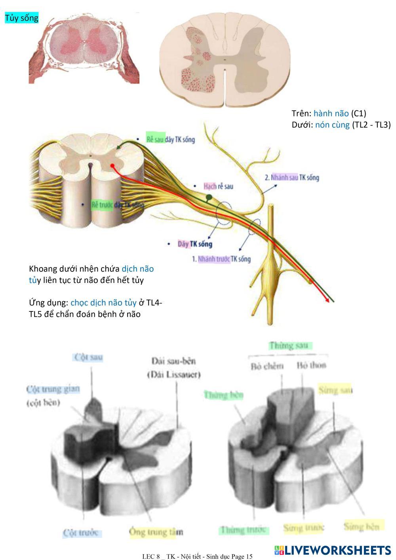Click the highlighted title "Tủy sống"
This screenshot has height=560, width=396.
pos(21,18)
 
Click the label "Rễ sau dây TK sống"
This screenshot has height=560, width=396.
pos(170,139)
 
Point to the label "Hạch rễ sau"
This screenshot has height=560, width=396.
pos(218,186)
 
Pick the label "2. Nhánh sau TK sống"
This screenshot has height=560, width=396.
pos(291,177)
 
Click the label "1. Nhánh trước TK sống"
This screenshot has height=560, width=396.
pos(221,259)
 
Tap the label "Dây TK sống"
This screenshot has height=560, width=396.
pos(195,244)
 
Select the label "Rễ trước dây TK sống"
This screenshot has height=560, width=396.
pos(118,205)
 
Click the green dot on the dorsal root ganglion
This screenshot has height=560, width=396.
pos(209,197)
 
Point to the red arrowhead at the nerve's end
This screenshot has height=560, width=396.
pos(328,301)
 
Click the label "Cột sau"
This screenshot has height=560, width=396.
pos(89,357)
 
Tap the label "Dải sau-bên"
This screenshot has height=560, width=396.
pos(173,361)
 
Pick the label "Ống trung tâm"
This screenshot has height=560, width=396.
pos(156,532)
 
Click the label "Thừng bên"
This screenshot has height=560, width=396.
pos(224,395)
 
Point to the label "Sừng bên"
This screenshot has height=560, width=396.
pos(362,527)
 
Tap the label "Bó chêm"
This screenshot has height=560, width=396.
pos(267,366)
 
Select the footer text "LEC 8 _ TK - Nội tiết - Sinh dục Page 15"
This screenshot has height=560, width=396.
pos(197,556)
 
